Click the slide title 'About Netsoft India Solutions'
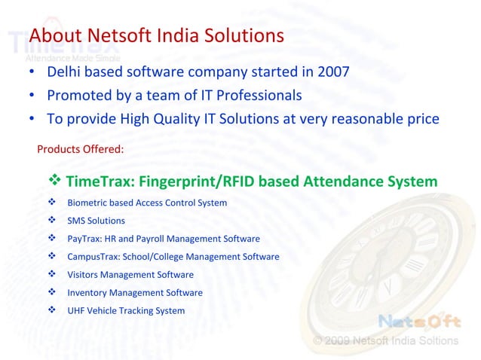[156, 36]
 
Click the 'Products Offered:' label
[81, 148]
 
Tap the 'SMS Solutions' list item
[97, 221]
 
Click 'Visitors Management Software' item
[130, 275]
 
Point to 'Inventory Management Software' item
[135, 293]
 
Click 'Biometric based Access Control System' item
[147, 203]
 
